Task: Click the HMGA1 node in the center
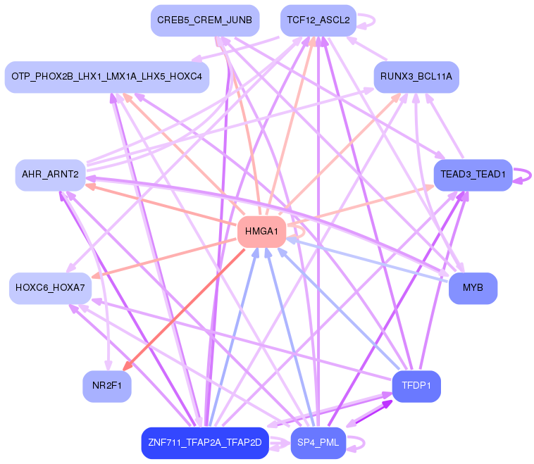pyautogui.click(x=261, y=232)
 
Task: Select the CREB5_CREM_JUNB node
pyautogui.click(x=205, y=20)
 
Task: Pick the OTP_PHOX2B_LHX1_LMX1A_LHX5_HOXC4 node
pyautogui.click(x=107, y=76)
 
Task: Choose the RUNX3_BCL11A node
pyautogui.click(x=416, y=76)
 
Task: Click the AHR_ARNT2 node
pyautogui.click(x=50, y=175)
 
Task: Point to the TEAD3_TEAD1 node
pyautogui.click(x=473, y=175)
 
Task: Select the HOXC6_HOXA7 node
pyautogui.click(x=50, y=288)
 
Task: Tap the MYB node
pyautogui.click(x=473, y=288)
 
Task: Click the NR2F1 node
pyautogui.click(x=107, y=386)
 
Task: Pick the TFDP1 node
pyautogui.click(x=416, y=386)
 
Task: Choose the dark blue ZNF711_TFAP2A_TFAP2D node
pyautogui.click(x=205, y=443)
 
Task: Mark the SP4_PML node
pyautogui.click(x=318, y=443)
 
